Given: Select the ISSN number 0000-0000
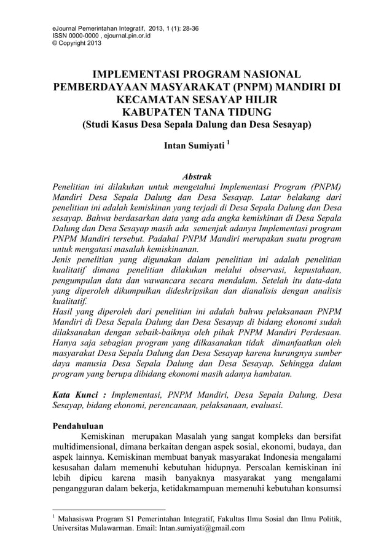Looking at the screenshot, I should [x=80, y=36].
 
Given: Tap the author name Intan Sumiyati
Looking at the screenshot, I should [x=190, y=148].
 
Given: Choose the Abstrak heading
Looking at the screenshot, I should [x=196, y=176].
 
